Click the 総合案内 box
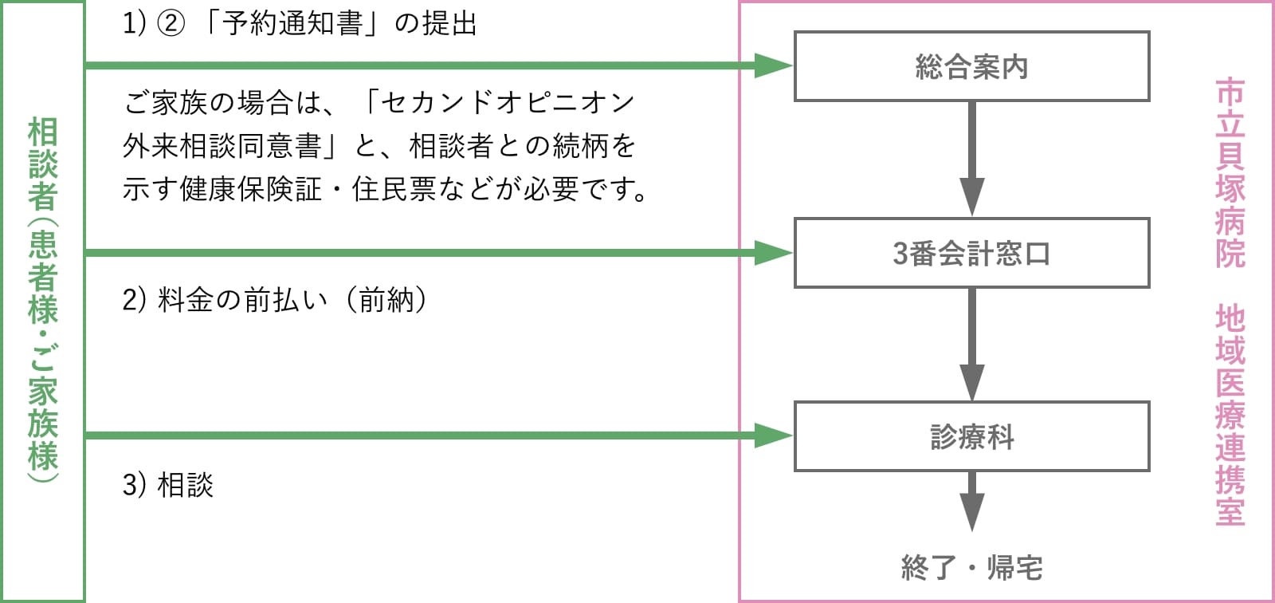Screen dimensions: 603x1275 pyautogui.click(x=971, y=66)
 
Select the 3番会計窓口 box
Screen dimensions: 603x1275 pyautogui.click(x=971, y=253)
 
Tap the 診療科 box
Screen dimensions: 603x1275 pyautogui.click(x=971, y=436)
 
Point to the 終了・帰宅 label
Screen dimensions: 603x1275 pyautogui.click(x=971, y=567)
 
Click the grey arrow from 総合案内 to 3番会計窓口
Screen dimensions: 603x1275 pyautogui.click(x=971, y=160)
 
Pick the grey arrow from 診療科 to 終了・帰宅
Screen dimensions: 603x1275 pyautogui.click(x=971, y=501)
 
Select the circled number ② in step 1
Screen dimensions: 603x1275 pyautogui.click(x=170, y=24)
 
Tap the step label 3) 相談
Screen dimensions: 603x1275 pyautogui.click(x=168, y=484)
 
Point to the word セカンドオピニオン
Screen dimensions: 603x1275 pyautogui.click(x=507, y=102)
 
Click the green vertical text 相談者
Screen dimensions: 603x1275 pyautogui.click(x=43, y=164)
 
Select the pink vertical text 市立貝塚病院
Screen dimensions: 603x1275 pyautogui.click(x=1230, y=172)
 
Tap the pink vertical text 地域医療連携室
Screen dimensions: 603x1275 pyautogui.click(x=1230, y=415)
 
